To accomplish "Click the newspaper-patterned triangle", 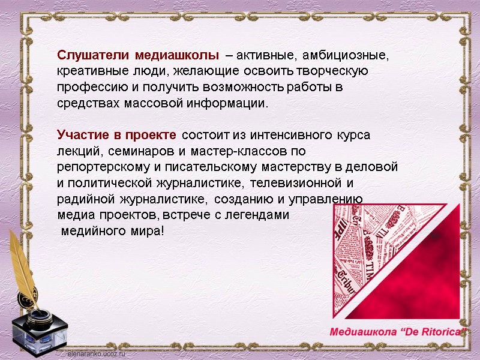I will [x=360, y=246].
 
